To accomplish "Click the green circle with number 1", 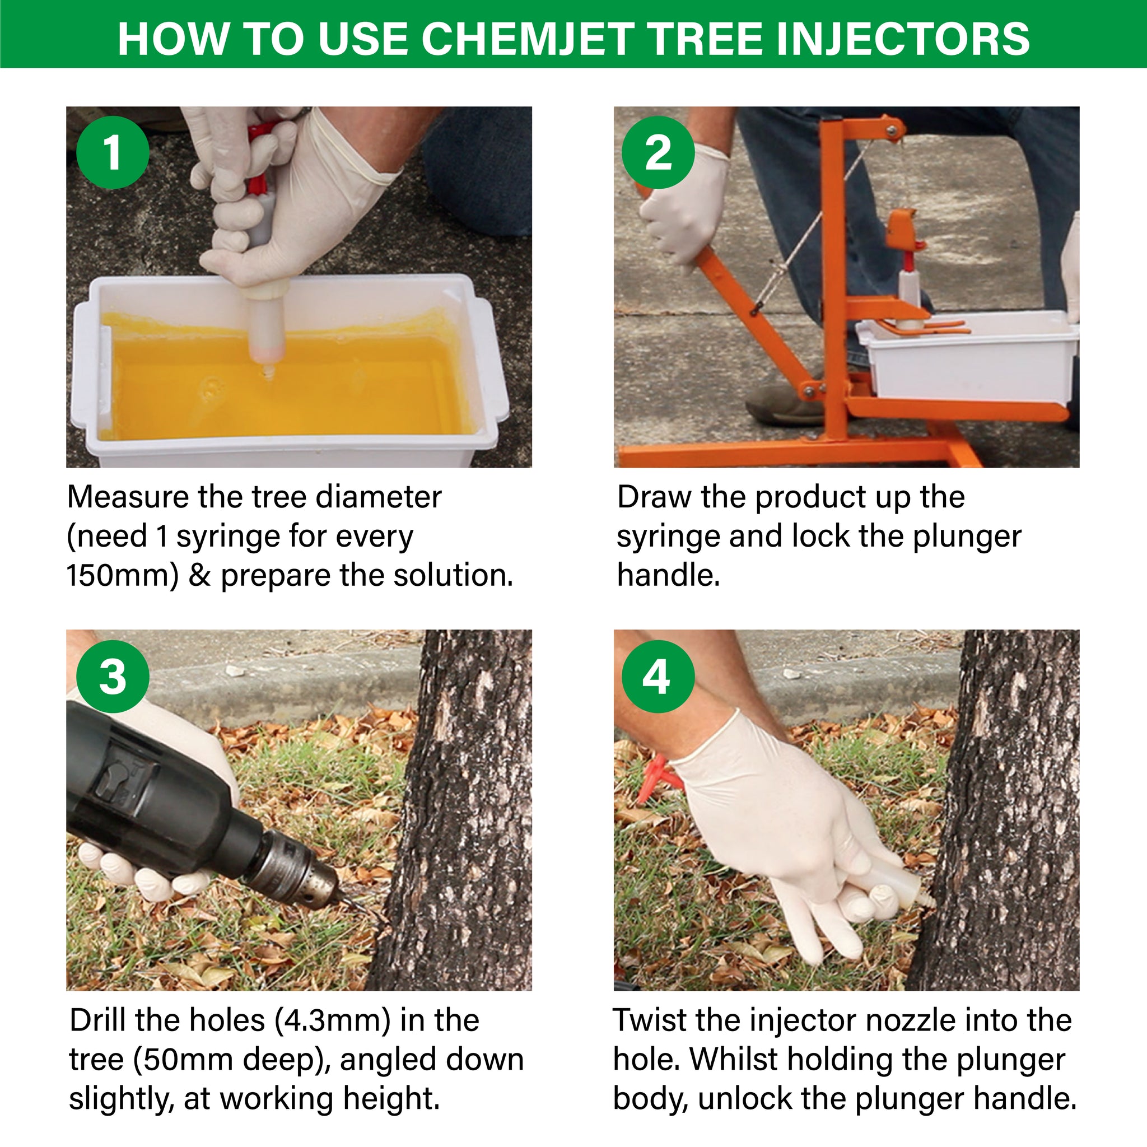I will (113, 152).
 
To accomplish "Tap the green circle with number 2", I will (658, 152).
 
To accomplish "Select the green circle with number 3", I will (113, 676).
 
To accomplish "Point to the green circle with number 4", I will (658, 676).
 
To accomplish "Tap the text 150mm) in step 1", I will (122, 575).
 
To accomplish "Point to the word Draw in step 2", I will (654, 497).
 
